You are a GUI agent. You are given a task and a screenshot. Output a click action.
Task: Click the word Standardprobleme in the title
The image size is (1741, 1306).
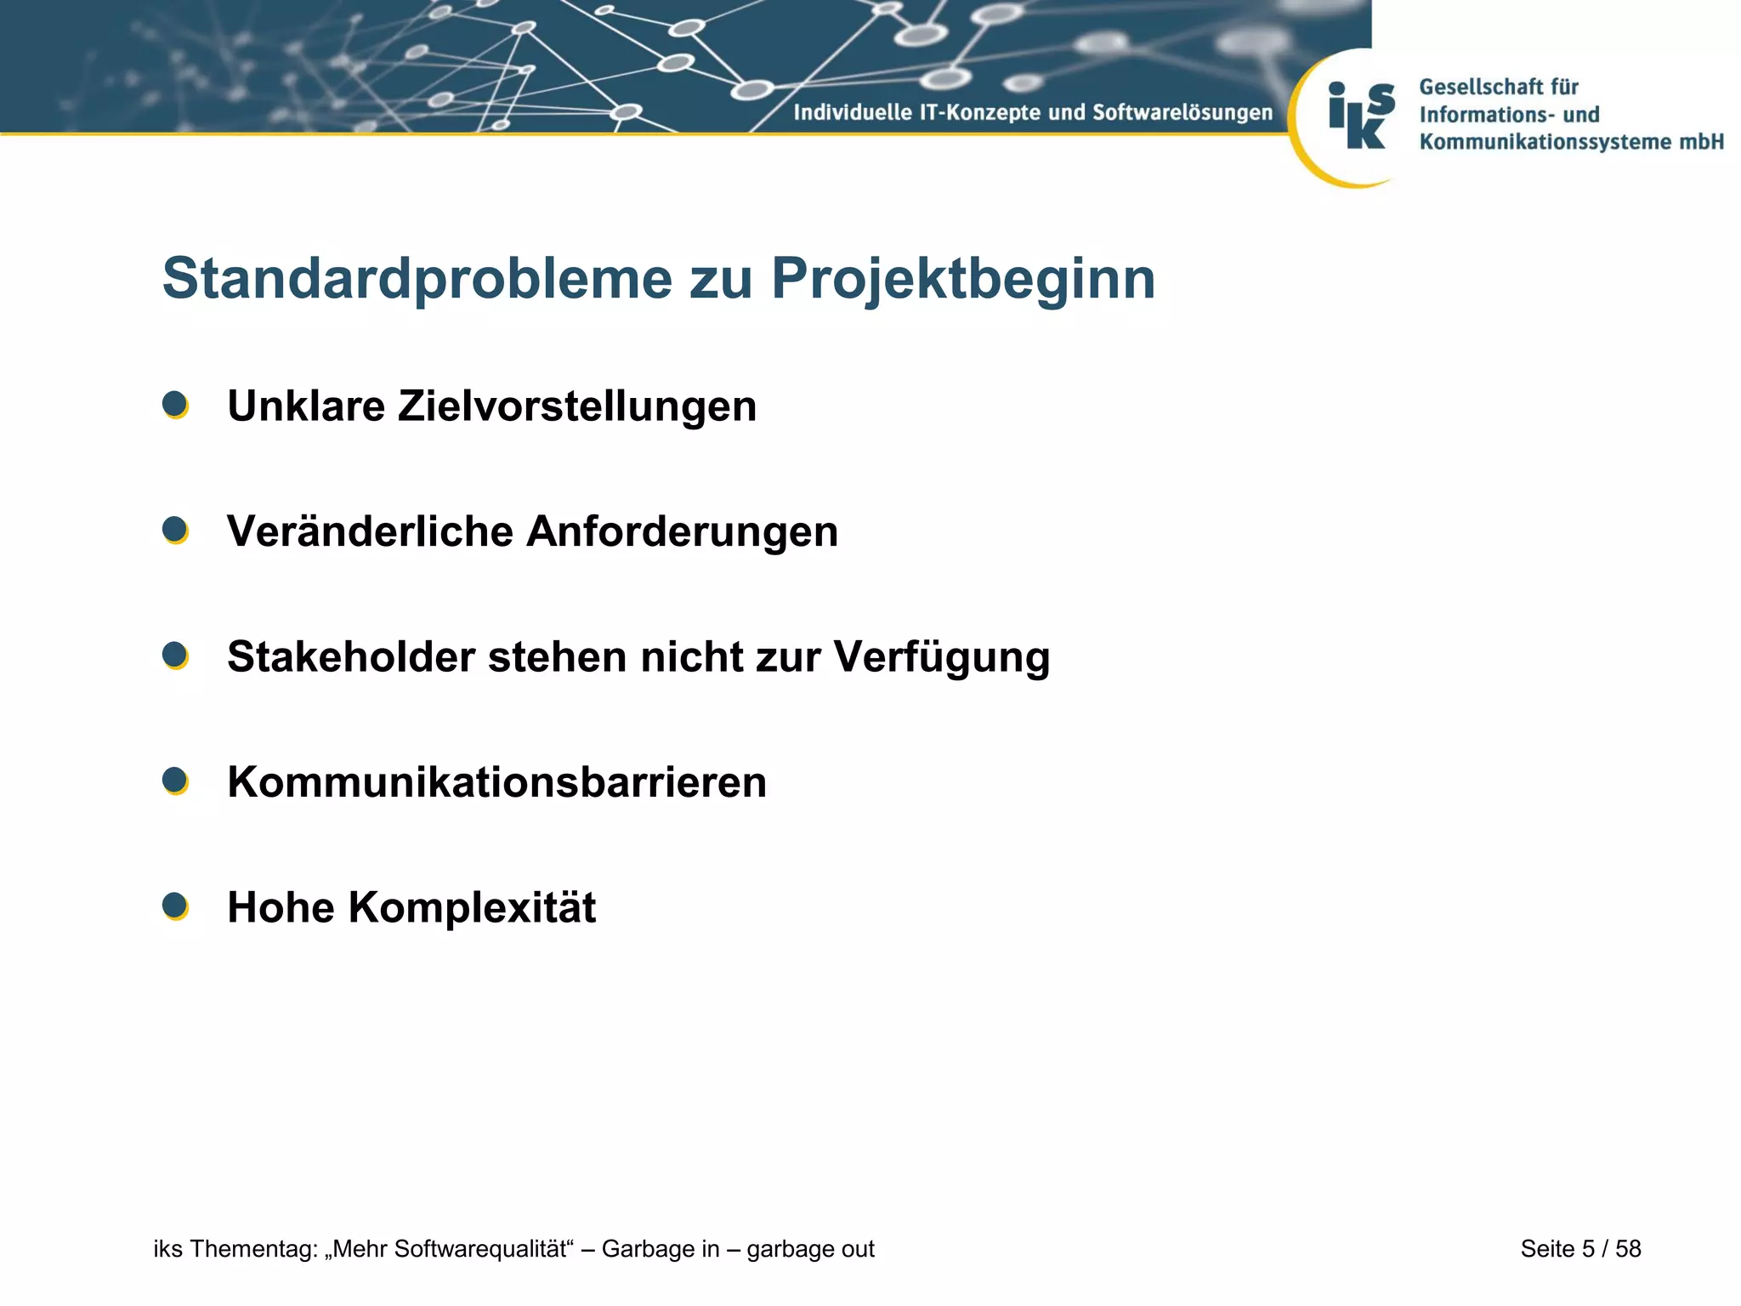coord(417,279)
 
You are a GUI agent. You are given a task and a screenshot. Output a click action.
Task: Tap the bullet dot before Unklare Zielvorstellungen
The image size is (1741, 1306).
coord(175,405)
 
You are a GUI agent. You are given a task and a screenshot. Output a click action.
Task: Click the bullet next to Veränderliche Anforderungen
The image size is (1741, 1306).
coord(175,531)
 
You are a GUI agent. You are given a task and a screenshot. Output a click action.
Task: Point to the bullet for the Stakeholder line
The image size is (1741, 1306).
coord(175,656)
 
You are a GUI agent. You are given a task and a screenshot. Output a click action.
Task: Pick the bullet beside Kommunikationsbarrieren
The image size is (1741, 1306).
coord(175,781)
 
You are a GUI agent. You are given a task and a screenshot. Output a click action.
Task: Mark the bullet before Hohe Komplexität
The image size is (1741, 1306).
coord(175,906)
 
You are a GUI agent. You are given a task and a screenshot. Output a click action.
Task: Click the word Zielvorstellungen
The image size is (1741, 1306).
coord(576,406)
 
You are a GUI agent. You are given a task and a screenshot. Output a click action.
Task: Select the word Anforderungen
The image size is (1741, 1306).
coord(682,531)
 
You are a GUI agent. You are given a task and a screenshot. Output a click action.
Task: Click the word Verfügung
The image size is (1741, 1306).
coord(941,656)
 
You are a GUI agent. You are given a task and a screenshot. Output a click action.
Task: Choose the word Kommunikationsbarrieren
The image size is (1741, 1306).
coord(496,782)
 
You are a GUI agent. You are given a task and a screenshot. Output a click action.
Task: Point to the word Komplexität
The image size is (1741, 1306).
coord(472,907)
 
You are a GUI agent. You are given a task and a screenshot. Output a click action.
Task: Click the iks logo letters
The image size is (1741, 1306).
coord(1361,116)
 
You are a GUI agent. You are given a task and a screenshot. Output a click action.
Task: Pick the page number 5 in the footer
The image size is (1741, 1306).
coord(1588,1249)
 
